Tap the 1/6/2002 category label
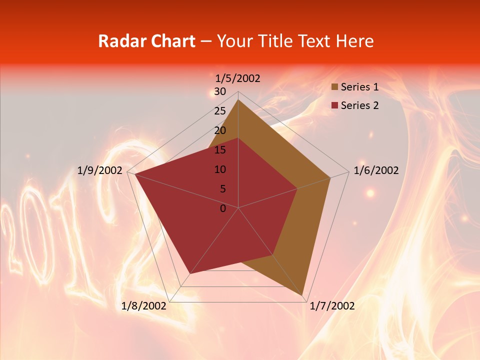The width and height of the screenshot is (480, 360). pyautogui.click(x=376, y=170)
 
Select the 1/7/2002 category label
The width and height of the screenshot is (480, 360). pyautogui.click(x=332, y=306)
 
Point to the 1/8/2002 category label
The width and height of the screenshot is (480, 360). pyautogui.click(x=144, y=306)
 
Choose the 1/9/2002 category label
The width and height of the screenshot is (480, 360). pyautogui.click(x=100, y=170)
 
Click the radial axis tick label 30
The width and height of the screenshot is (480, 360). pyautogui.click(x=220, y=91)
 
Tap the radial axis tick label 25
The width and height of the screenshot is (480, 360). pyautogui.click(x=220, y=111)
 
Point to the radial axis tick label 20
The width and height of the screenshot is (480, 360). pyautogui.click(x=220, y=130)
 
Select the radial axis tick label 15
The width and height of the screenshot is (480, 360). pyautogui.click(x=220, y=150)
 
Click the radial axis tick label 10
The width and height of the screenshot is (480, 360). pyautogui.click(x=220, y=169)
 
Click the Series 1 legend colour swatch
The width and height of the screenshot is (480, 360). pyautogui.click(x=334, y=87)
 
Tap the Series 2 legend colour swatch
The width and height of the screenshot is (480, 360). pyautogui.click(x=334, y=105)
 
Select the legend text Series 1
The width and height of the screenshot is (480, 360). pyautogui.click(x=359, y=87)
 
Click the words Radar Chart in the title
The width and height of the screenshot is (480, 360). pyautogui.click(x=146, y=41)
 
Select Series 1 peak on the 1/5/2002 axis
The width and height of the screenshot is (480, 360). pyautogui.click(x=238, y=100)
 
